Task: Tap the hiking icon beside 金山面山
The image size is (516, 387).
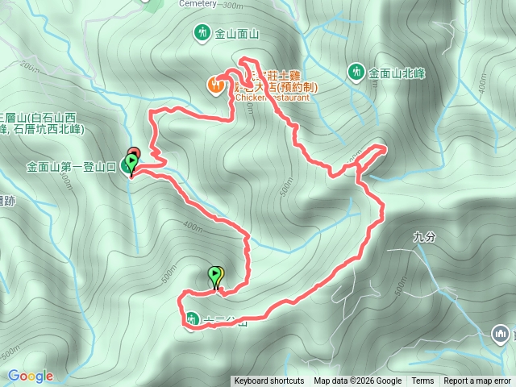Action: tap(202, 33)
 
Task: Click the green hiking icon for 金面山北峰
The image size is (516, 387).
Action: tap(355, 72)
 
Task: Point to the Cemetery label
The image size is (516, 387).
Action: tap(194, 3)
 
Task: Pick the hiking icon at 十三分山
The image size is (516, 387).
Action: tap(192, 319)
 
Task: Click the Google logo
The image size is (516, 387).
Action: tap(31, 376)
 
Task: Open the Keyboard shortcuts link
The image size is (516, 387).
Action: tap(269, 381)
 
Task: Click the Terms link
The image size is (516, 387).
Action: tap(422, 381)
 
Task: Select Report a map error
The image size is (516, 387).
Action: tap(477, 381)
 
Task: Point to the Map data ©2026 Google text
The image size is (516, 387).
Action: tap(358, 381)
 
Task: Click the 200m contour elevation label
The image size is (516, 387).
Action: tap(32, 68)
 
